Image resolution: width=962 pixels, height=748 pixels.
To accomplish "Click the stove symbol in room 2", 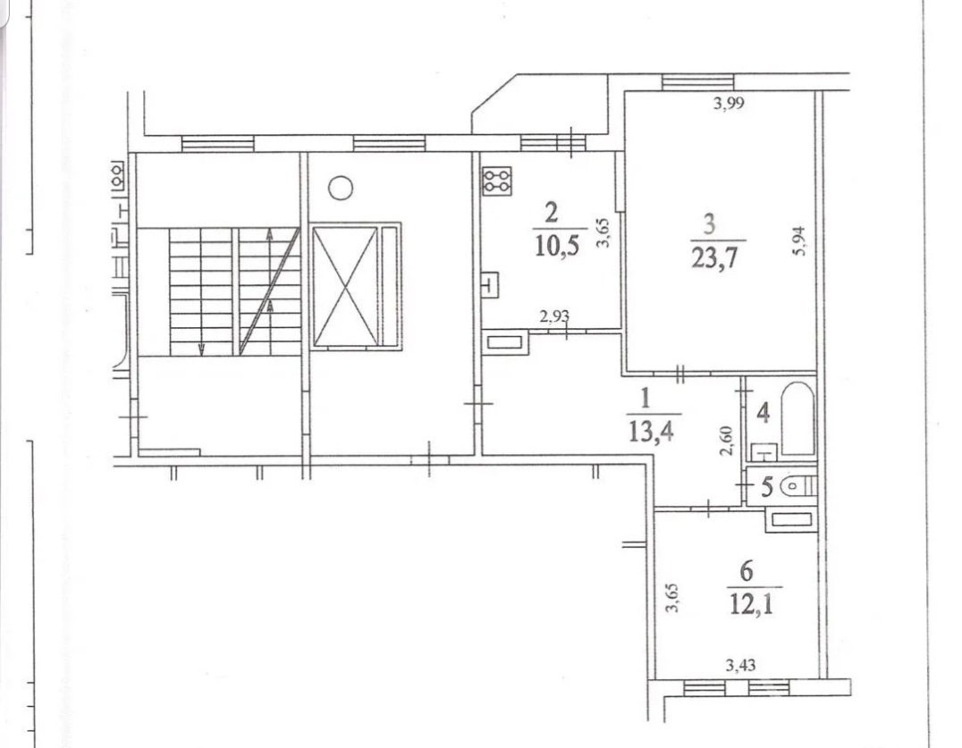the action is pos(496,181).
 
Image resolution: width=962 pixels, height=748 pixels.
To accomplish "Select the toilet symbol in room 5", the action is pos(798,487).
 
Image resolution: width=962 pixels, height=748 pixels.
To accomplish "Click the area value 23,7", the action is pos(714,258).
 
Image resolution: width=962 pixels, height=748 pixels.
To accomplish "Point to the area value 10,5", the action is pos(557,245).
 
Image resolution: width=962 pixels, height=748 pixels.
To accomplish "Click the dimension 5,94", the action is pos(798,241).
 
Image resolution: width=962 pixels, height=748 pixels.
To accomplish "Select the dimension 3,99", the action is pos(729,103).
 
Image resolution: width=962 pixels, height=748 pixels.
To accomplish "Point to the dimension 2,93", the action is pos(554,316).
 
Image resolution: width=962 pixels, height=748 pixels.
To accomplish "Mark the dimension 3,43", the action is pos(740,665).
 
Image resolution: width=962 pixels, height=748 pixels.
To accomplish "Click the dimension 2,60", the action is pos(727,441).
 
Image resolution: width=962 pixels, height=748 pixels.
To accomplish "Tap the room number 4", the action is pos(764,413).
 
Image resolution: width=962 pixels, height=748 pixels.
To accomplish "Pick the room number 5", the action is pos(766,487).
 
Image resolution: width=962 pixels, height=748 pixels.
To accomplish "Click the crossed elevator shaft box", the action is pos(345,286).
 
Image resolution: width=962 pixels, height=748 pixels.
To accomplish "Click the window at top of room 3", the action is pos(697,82).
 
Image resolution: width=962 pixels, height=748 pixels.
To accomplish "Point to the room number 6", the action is pos(746,571).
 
